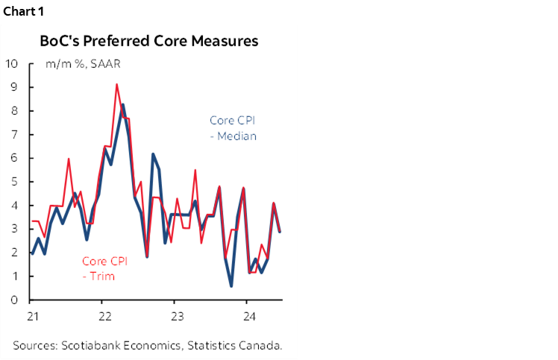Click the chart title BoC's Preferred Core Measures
pyautogui.click(x=148, y=41)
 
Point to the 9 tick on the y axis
pyautogui.click(x=13, y=87)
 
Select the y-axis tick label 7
pyautogui.click(x=13, y=134)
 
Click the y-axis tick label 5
pyautogui.click(x=13, y=182)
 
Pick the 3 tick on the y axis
pyautogui.click(x=13, y=229)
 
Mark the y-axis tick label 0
pyautogui.click(x=13, y=300)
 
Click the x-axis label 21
pyautogui.click(x=33, y=316)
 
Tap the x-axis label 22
pyautogui.click(x=104, y=316)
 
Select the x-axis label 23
pyautogui.click(x=176, y=316)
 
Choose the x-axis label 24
pyautogui.click(x=248, y=316)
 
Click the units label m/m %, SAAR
pyautogui.click(x=83, y=63)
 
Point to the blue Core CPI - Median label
pyautogui.click(x=232, y=127)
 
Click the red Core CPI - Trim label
pyautogui.click(x=104, y=268)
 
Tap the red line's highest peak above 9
pyautogui.click(x=117, y=84)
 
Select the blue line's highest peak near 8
pyautogui.click(x=123, y=104)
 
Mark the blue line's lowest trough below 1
pyautogui.click(x=231, y=285)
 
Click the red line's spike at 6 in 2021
pyautogui.click(x=69, y=159)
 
